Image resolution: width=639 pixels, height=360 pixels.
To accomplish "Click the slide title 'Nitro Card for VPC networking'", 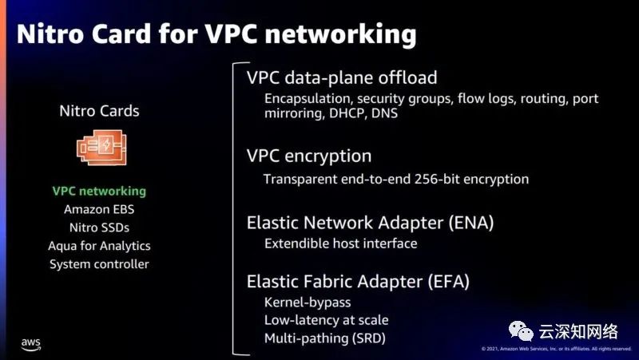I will [x=216, y=34].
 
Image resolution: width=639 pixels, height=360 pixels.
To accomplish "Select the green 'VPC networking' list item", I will [x=99, y=192].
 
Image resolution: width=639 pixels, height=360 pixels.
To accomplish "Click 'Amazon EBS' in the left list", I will [x=99, y=210].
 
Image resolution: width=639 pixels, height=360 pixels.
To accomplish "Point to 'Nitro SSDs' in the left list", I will [x=99, y=227].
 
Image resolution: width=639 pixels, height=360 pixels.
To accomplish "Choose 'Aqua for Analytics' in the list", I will [x=99, y=246].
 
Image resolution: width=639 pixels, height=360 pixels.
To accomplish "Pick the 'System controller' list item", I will [x=99, y=264].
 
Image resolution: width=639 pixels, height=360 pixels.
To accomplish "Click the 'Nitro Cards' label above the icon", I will [x=99, y=111].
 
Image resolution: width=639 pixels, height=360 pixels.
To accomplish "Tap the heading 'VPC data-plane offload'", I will [x=342, y=77].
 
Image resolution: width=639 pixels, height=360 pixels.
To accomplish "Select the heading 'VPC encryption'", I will [x=309, y=156].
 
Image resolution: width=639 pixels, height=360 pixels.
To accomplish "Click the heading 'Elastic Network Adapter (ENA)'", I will [x=370, y=223].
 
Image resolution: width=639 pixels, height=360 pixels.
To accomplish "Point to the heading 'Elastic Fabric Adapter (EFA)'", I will [x=358, y=281].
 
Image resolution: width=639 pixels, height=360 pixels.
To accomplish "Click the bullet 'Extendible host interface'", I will [x=341, y=243].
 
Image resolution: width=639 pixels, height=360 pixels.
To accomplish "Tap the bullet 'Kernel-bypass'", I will [x=308, y=303].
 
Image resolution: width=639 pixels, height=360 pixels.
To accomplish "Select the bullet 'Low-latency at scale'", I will [x=326, y=320].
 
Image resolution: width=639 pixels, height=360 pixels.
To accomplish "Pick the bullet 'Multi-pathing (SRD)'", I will [x=324, y=338].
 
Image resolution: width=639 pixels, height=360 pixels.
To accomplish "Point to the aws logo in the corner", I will [x=31, y=344].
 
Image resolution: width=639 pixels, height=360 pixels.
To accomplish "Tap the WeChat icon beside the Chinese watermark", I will [x=520, y=330].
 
